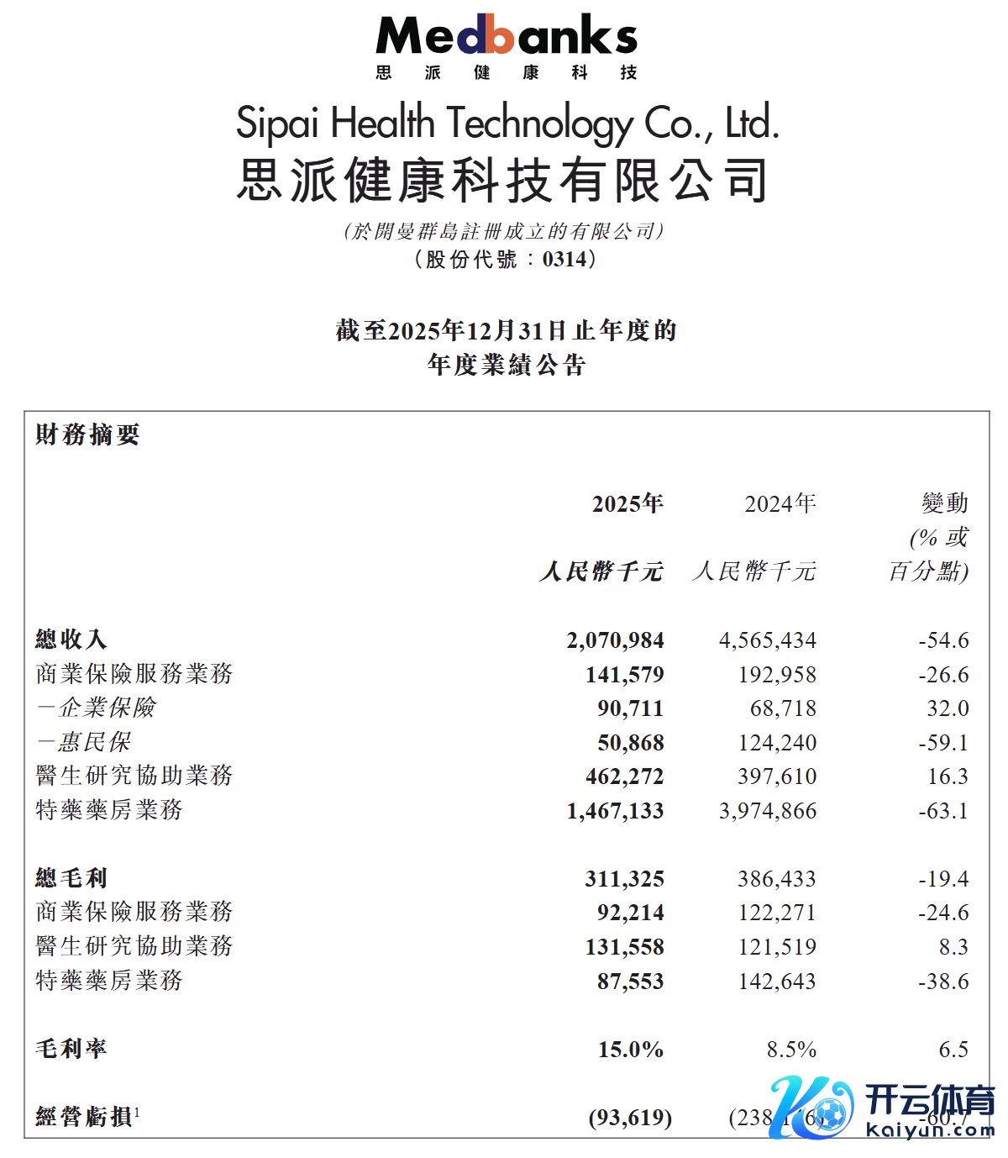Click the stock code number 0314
point(564,259)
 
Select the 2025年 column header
point(627,504)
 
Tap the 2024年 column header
point(780,504)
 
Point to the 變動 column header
point(945,504)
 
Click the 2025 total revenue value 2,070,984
point(615,640)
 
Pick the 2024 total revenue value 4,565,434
point(768,640)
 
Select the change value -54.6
point(943,640)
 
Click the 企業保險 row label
point(97,708)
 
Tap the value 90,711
point(630,708)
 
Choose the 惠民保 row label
point(84,743)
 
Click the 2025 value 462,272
point(624,776)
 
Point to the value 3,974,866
point(768,811)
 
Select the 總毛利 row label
point(71,879)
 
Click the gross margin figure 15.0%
point(630,1050)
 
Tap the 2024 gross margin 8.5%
point(791,1050)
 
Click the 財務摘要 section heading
point(87,435)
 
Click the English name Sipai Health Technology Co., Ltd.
point(507,124)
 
